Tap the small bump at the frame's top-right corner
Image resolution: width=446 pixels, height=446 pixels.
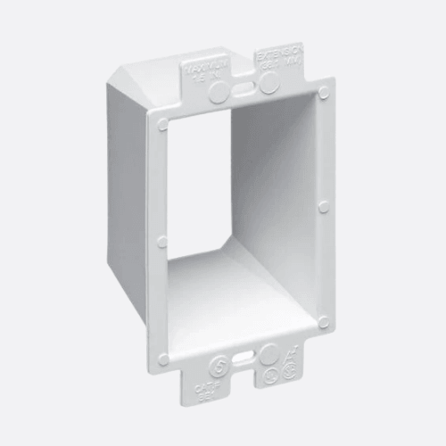tap(323, 92)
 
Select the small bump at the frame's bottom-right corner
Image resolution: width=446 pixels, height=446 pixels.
tap(323, 321)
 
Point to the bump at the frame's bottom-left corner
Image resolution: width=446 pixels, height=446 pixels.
tap(162, 359)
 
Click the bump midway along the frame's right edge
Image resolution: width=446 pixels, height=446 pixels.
tap(323, 206)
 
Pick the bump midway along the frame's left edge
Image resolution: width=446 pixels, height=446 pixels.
tap(161, 242)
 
